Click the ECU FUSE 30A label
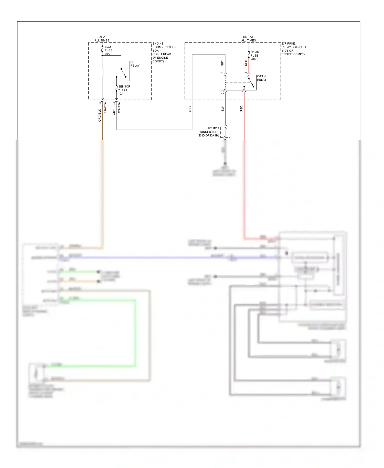click(x=108, y=50)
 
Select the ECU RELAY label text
click(x=135, y=64)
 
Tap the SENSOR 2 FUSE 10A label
click(x=124, y=90)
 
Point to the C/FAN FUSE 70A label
click(x=254, y=56)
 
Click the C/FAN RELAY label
click(x=262, y=78)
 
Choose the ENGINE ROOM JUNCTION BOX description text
click(x=164, y=52)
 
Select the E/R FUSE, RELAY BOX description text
click(x=294, y=49)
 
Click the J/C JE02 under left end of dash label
click(x=209, y=132)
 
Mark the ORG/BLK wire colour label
click(x=100, y=115)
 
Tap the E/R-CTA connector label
click(x=105, y=108)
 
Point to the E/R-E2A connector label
click(x=119, y=108)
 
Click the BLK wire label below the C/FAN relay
click(x=222, y=108)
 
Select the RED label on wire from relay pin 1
click(x=241, y=109)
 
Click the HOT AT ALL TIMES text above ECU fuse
click(x=102, y=39)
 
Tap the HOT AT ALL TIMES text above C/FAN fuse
click(x=248, y=39)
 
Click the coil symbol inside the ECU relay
click(x=103, y=73)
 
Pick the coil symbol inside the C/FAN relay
click(x=226, y=82)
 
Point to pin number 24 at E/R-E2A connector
click(x=114, y=104)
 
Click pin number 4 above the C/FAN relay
click(x=246, y=72)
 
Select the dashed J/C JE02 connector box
click(x=225, y=132)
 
